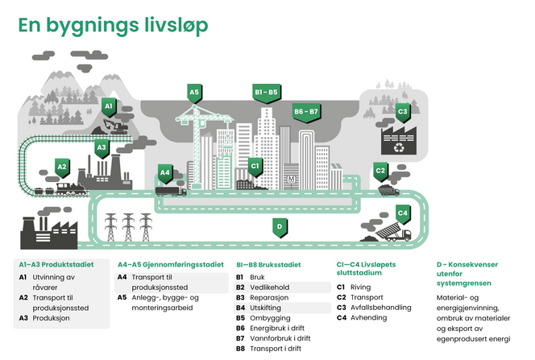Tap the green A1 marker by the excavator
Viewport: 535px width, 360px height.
point(109,106)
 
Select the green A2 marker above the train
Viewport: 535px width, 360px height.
point(61,168)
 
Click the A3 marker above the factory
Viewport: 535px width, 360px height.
point(102,147)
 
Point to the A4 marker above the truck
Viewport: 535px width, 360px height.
point(165,172)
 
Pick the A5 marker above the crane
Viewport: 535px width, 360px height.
point(194,93)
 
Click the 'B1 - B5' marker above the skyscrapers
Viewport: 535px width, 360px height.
point(266,93)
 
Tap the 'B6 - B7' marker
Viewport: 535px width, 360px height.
point(306,110)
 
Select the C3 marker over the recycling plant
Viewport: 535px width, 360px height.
point(403,111)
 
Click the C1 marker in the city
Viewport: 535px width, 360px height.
point(255,167)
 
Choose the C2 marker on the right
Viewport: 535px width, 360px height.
point(381,170)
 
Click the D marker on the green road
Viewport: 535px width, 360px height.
point(279,227)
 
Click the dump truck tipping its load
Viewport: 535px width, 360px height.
point(395,234)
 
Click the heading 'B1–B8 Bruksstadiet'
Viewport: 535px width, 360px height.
point(268,263)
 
